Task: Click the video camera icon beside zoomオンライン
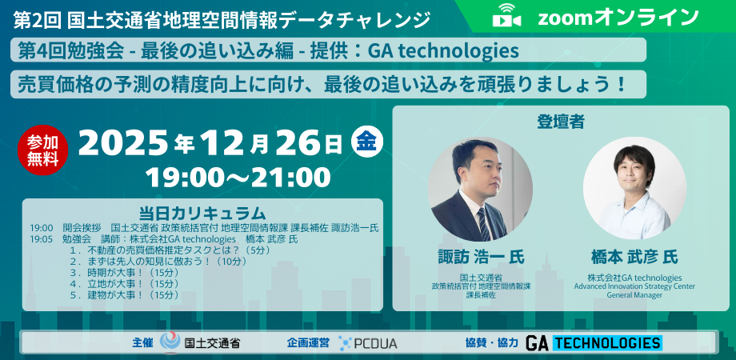[508, 16]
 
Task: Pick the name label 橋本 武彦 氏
[634, 257]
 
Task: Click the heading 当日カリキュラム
[202, 213]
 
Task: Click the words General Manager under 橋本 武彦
[634, 294]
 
